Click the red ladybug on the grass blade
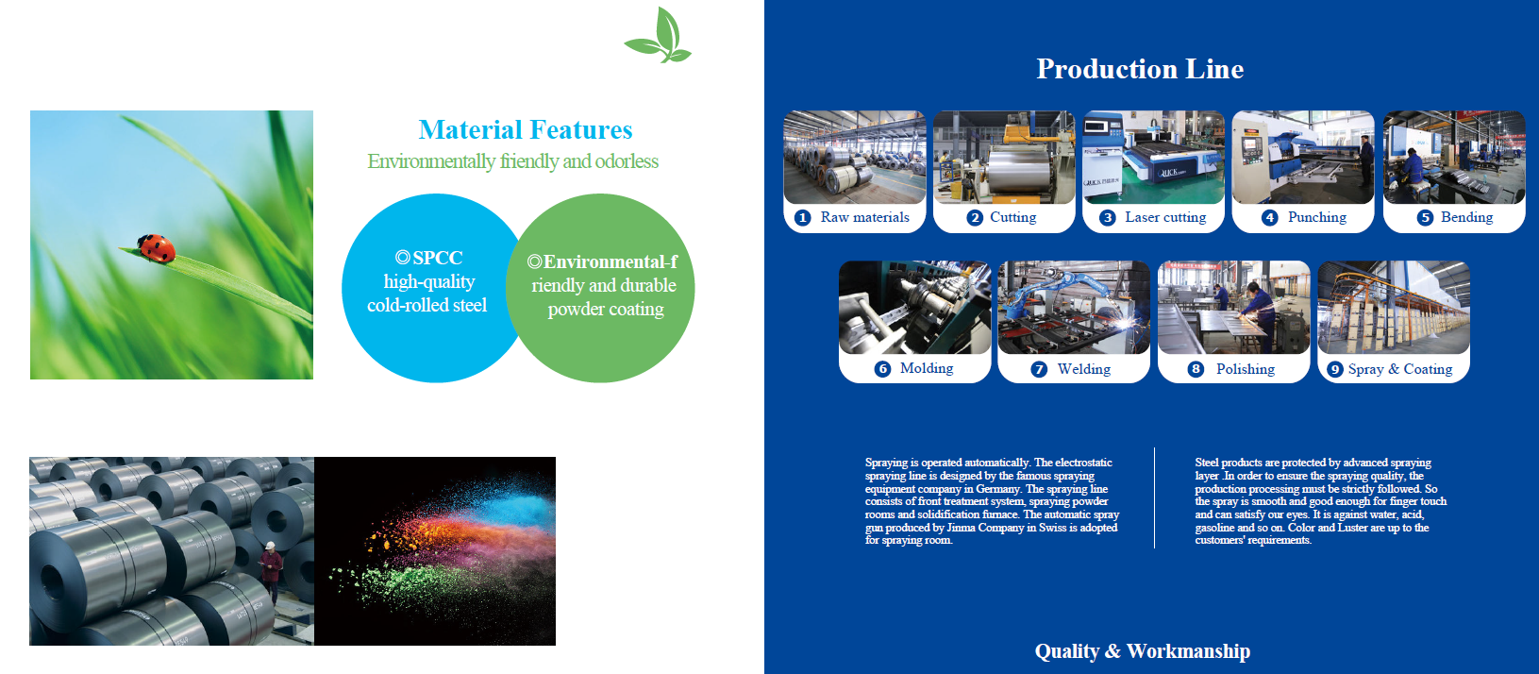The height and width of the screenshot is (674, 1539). pos(156,248)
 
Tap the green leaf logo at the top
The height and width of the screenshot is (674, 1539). pos(659,35)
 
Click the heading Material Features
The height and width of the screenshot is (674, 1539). pos(526,130)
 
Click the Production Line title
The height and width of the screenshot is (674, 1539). pos(1140,69)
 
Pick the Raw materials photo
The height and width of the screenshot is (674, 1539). pos(855,158)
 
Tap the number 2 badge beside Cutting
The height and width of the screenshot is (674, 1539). pos(974,218)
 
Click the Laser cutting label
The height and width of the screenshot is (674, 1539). pos(1165,217)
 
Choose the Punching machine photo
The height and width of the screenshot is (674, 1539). pos(1303,158)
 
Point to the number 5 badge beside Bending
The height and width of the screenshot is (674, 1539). pos(1425,218)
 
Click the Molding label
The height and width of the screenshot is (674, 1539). pos(927,368)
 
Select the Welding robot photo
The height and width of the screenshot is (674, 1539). pos(1073,307)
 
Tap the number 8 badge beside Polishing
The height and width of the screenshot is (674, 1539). pos(1196,369)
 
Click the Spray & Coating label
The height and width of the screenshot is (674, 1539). pos(1400,369)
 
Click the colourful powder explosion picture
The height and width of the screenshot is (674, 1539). pos(435,551)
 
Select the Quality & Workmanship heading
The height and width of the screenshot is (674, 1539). pos(1142,650)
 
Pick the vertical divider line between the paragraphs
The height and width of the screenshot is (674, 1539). pos(1154,498)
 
